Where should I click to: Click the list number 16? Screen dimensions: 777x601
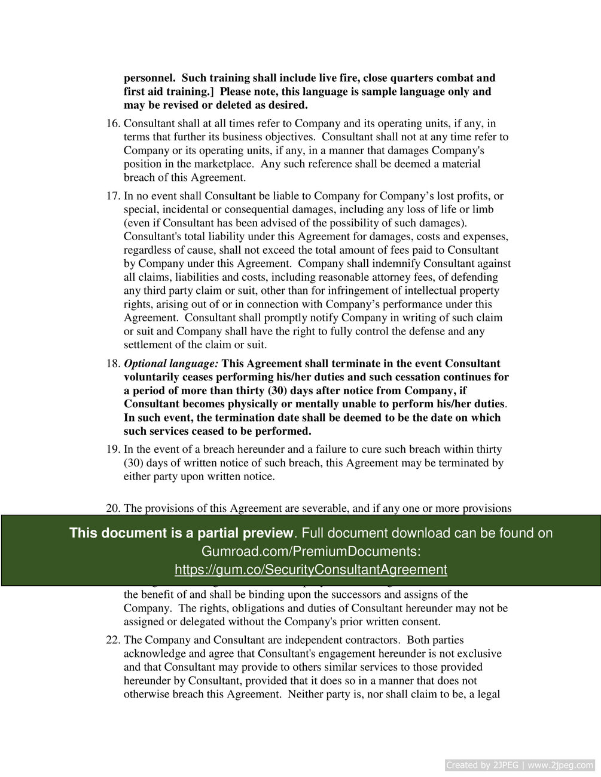(x=113, y=124)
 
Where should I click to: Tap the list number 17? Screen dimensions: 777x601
(x=113, y=196)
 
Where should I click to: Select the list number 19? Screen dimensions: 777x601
(x=113, y=449)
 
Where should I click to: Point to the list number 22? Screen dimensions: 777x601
(x=113, y=640)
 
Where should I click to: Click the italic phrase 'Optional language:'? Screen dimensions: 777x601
(x=171, y=364)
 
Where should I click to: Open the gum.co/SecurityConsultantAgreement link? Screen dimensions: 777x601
(x=311, y=570)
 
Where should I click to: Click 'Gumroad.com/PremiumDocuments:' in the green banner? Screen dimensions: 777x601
(x=311, y=551)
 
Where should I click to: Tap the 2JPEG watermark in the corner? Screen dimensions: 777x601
(x=520, y=765)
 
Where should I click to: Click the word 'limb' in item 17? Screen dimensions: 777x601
(x=483, y=210)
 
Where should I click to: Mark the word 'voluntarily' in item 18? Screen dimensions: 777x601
(x=151, y=377)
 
